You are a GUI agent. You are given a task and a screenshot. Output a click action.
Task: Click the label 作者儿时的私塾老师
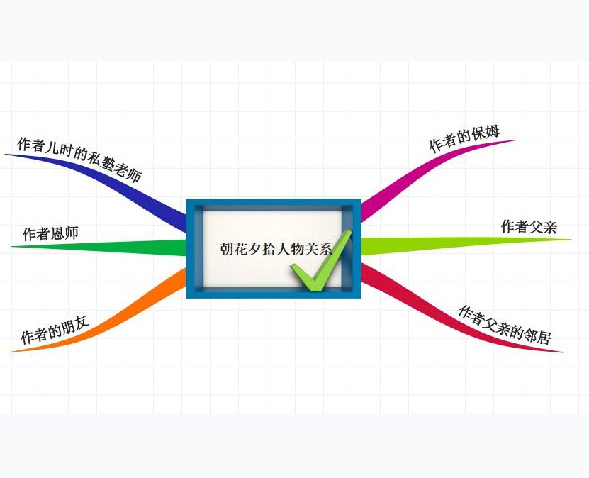(x=79, y=159)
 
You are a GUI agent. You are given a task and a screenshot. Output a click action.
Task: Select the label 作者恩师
(x=50, y=233)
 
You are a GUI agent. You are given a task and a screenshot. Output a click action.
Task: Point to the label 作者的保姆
(x=464, y=139)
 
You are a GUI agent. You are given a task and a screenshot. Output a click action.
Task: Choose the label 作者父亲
(x=529, y=227)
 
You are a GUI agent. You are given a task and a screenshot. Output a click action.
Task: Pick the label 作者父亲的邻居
(x=504, y=325)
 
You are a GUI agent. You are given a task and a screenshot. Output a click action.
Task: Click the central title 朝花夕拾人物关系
(x=275, y=248)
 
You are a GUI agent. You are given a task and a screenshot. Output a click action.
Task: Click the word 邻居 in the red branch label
(x=537, y=335)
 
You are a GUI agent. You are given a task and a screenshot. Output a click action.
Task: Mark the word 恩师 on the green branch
(x=64, y=233)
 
